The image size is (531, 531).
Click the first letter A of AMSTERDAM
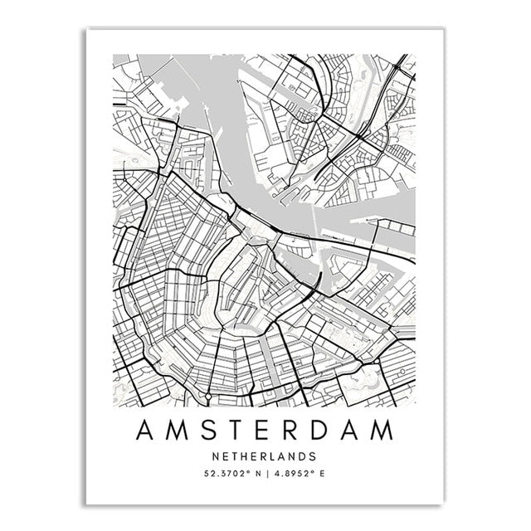point(146,431)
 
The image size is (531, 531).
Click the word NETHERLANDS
point(265,456)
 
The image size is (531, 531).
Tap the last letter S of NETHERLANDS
point(313,456)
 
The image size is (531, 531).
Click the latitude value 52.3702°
point(227,475)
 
